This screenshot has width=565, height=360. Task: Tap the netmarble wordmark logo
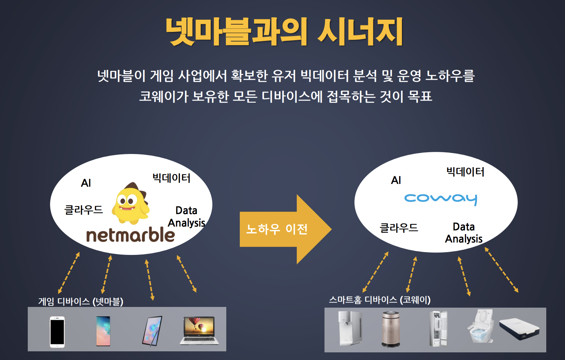point(130,235)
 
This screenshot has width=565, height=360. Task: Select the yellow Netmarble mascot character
point(130,203)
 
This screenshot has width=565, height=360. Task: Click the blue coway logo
point(441,199)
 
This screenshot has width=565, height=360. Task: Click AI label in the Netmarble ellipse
point(86,183)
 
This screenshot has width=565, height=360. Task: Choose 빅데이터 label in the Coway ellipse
point(465,172)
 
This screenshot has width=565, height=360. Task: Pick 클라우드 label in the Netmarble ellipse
point(84,210)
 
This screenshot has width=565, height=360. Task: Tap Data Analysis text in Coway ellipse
point(464,233)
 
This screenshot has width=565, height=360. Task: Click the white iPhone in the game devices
point(57,332)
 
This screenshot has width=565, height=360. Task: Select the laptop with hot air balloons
point(199,330)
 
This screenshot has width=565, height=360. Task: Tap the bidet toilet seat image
point(482,326)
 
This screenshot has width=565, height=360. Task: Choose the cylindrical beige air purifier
point(390,329)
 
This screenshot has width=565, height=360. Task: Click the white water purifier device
point(350,328)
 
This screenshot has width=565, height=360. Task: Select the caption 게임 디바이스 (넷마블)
point(81,301)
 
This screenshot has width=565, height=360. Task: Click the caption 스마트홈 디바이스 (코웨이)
point(380,300)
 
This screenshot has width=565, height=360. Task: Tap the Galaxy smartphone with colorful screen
point(103,331)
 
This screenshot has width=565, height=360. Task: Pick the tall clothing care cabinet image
point(438,329)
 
